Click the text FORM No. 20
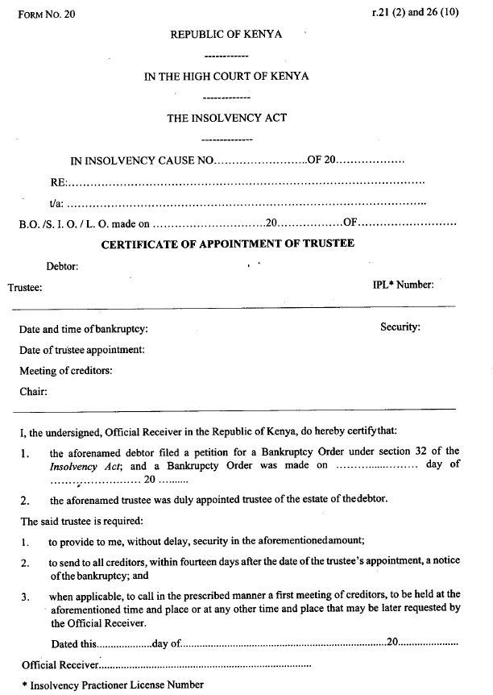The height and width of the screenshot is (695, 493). tap(46, 15)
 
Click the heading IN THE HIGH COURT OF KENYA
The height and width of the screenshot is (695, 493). tap(226, 77)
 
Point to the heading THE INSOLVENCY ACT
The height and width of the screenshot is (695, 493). tap(226, 118)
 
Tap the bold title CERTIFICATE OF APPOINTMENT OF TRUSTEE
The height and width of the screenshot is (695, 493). tap(227, 243)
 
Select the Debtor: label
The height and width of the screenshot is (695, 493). tap(62, 265)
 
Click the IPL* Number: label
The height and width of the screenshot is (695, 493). tap(403, 284)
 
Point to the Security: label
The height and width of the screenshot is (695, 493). tap(400, 327)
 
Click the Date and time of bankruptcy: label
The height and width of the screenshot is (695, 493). tap(84, 329)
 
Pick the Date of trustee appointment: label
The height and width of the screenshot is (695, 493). tap(82, 350)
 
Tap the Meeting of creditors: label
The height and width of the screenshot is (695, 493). tap(66, 371)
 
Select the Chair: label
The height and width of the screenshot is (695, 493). tap(34, 392)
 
